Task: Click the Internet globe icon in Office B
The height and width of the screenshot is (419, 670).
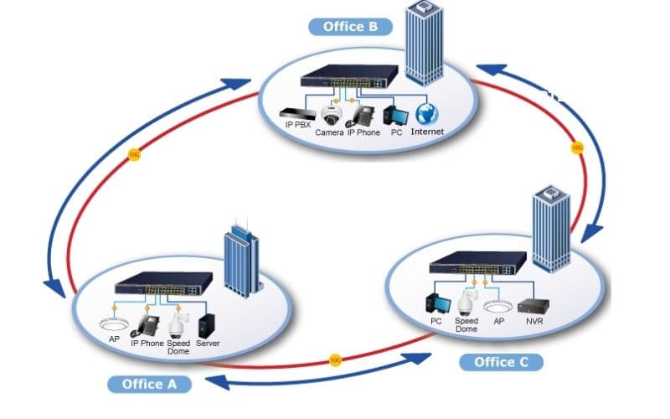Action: (428, 115)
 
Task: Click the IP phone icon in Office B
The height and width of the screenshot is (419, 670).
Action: (363, 115)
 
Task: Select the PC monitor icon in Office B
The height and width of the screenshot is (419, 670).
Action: (395, 115)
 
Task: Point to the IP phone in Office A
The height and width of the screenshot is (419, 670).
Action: (147, 325)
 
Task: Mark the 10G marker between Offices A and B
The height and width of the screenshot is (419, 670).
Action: (134, 154)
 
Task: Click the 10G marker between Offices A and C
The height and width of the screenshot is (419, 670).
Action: (335, 360)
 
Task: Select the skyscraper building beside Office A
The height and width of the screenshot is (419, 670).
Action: (241, 264)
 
